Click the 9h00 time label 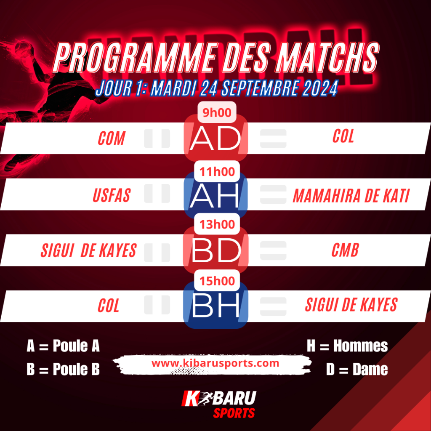217,112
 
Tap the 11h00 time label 217,172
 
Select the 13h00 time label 217,224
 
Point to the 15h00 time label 217,281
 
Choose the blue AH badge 216,195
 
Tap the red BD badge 216,250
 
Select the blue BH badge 216,306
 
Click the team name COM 112,138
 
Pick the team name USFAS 112,195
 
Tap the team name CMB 345,250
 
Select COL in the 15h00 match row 108,306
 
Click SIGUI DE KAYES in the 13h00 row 88,250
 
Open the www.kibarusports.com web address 215,363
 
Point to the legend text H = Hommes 347,346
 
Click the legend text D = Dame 357,369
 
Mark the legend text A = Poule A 63,346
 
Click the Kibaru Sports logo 219,404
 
